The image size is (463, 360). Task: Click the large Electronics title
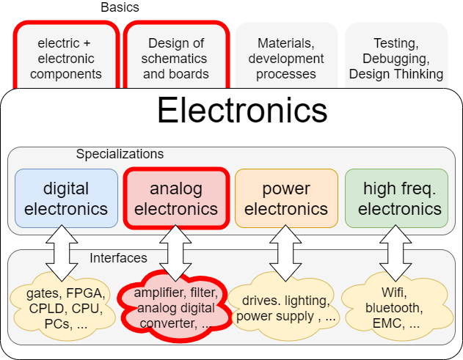click(x=241, y=111)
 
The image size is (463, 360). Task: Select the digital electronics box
click(x=66, y=198)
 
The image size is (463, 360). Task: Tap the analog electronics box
click(x=176, y=198)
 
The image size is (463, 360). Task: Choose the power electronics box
click(x=286, y=198)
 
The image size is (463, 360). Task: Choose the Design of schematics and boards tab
click(x=176, y=59)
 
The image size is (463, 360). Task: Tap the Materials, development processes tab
click(x=286, y=59)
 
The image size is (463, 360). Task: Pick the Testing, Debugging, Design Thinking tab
click(x=396, y=59)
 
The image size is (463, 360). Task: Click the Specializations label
click(x=120, y=154)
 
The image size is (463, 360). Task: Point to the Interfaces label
click(x=118, y=258)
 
